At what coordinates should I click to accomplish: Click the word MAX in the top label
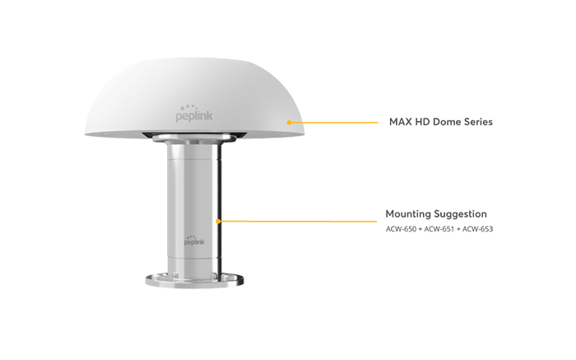tap(399, 122)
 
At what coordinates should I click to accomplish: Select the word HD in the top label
tap(420, 122)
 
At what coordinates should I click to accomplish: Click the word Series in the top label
tap(476, 122)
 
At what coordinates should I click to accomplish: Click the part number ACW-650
tap(399, 228)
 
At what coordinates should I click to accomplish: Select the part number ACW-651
tap(440, 228)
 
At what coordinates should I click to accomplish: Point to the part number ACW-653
tap(478, 228)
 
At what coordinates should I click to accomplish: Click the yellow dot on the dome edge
tap(289, 122)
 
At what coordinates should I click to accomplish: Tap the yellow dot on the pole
tap(218, 220)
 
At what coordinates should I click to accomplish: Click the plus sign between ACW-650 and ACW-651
tap(420, 228)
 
